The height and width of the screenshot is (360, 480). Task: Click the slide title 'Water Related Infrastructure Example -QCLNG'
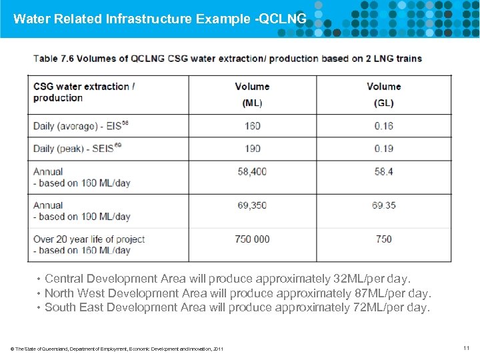160,19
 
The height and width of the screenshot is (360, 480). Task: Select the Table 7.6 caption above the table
227,58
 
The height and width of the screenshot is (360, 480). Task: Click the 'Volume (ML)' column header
252,94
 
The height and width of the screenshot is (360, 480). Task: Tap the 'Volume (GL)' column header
383,94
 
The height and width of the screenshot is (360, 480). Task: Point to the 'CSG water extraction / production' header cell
84,92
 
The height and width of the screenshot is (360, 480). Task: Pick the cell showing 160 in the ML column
252,126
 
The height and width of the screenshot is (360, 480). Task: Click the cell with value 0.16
383,126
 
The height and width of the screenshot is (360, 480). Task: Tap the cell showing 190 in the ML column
252,149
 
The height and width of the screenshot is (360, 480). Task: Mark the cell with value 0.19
383,149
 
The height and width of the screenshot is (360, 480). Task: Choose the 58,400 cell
252,171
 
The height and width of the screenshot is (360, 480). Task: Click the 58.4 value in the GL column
383,171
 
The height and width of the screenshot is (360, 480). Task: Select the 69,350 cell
252,205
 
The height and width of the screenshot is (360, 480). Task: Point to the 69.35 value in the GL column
383,205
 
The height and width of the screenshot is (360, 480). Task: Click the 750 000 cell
252,239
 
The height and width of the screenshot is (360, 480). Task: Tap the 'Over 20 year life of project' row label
89,239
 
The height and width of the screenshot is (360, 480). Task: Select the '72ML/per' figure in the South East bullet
375,307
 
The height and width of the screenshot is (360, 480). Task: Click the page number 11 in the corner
465,348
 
